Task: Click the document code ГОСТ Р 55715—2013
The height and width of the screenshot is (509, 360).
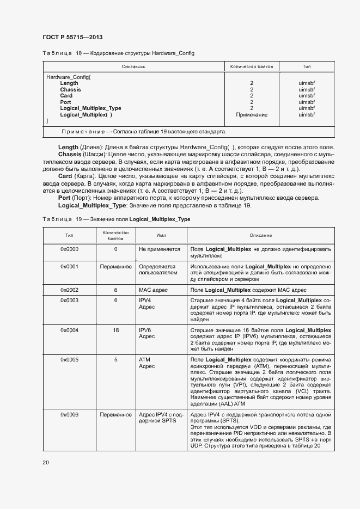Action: tap(72, 37)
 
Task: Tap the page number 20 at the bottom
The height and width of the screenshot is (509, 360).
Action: tap(46, 462)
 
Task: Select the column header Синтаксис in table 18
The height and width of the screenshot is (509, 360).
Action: tap(133, 66)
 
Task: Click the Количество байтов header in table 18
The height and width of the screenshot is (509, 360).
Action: tap(251, 66)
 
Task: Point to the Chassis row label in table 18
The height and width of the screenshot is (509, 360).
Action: tap(70, 89)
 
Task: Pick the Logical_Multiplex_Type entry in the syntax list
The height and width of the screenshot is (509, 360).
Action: tap(90, 108)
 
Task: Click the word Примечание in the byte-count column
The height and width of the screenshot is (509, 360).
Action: tap(251, 115)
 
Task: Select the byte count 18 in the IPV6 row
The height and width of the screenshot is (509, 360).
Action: tap(115, 330)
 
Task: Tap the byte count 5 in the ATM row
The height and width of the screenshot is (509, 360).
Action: tap(115, 360)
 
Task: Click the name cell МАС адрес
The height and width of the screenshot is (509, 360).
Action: tap(155, 290)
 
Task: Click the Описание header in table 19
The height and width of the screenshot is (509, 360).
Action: tap(260, 235)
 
